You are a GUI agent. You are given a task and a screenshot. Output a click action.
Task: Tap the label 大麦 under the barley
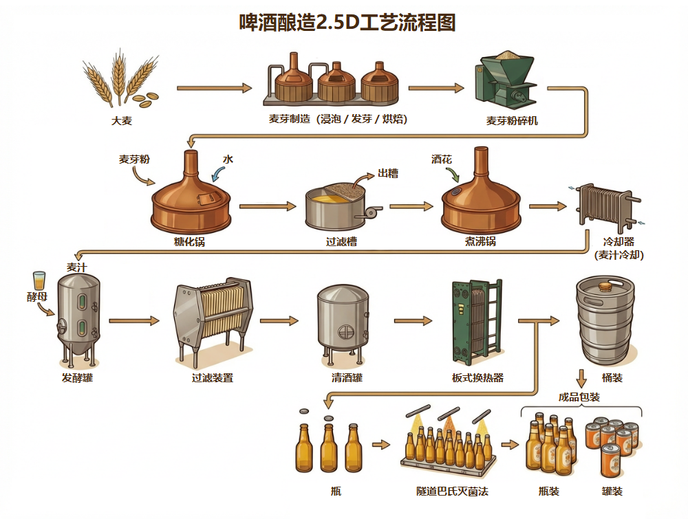point(122,121)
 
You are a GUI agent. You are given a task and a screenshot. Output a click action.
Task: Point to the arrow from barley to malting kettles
point(214,88)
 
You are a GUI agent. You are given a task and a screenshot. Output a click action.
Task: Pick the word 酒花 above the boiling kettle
point(441,159)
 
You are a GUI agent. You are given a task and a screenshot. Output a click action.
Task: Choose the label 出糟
point(387,174)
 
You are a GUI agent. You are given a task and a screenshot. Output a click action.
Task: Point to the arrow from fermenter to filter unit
point(133,320)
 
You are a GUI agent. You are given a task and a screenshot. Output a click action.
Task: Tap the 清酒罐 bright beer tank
point(342,320)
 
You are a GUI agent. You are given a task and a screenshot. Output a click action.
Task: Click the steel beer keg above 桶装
point(603,321)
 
